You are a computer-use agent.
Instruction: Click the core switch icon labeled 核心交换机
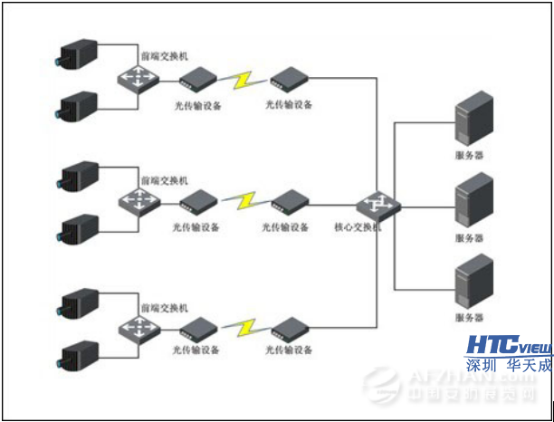374,206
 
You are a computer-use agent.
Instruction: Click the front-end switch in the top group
137,79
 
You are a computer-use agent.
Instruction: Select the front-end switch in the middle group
137,200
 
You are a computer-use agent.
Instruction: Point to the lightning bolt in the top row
242,80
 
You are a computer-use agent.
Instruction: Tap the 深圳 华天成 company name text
509,366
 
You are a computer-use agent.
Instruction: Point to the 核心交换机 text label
358,227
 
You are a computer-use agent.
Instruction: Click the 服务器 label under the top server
469,156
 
